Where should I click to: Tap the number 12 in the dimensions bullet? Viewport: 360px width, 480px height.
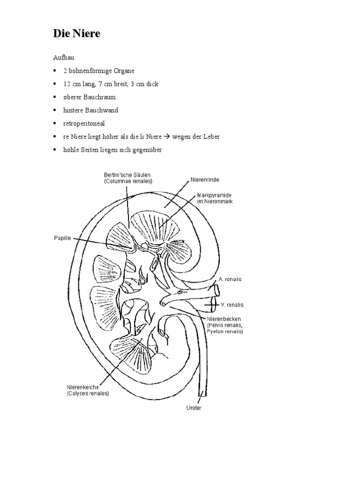pyautogui.click(x=67, y=84)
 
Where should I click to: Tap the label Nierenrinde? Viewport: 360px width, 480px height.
pyautogui.click(x=205, y=180)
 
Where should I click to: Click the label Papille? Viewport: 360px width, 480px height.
pyautogui.click(x=62, y=238)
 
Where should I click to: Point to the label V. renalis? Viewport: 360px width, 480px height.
pyautogui.click(x=232, y=305)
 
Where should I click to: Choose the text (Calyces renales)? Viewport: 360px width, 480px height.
pyautogui.click(x=88, y=393)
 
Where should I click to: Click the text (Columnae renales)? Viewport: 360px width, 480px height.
pyautogui.click(x=128, y=181)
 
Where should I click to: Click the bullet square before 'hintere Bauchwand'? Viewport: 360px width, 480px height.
pyautogui.click(x=55, y=110)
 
